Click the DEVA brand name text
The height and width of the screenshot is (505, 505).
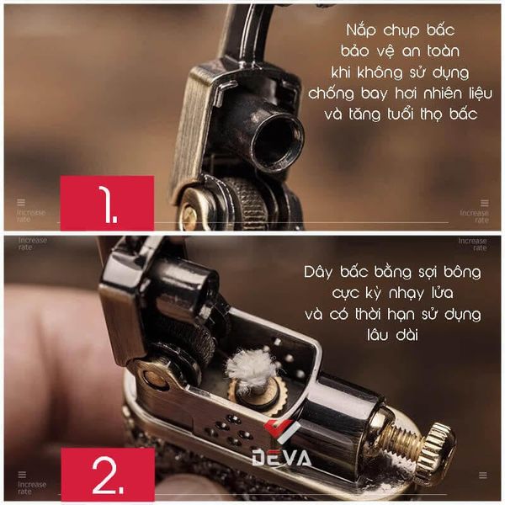pos(281,459)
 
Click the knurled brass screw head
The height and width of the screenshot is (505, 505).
pos(437,443)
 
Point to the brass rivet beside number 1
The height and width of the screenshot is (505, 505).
pos(190,215)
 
